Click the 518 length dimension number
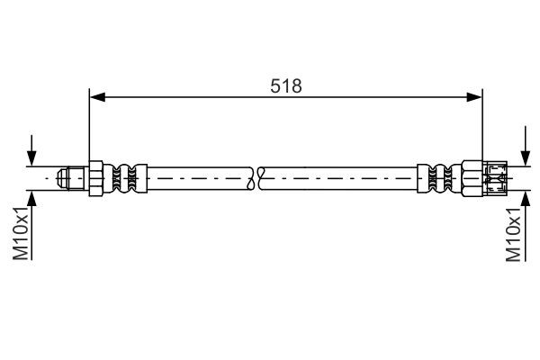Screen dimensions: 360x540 pyautogui.click(x=285, y=86)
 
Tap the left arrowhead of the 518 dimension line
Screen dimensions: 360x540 pyautogui.click(x=95, y=97)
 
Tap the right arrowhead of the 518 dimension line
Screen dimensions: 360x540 pyautogui.click(x=473, y=97)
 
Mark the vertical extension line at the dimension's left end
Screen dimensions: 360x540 pyautogui.click(x=88, y=126)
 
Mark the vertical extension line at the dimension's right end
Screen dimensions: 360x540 pyautogui.click(x=481, y=126)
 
